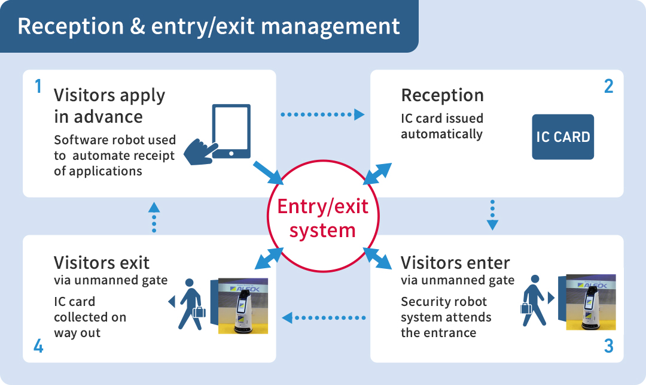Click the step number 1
click(38, 86)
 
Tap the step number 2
click(608, 86)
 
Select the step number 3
click(608, 346)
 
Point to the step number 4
click(38, 346)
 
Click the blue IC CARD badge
click(563, 137)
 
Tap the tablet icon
click(231, 131)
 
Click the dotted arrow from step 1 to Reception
click(322, 114)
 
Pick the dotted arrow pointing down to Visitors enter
click(492, 215)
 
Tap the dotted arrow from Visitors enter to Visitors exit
click(324, 318)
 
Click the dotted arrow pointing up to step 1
click(154, 217)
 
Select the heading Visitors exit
click(101, 263)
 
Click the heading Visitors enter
click(455, 263)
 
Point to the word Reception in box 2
click(443, 95)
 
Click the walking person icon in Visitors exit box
click(191, 304)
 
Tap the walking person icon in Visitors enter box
click(534, 301)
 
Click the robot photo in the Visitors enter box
click(591, 302)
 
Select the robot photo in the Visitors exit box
click(243, 306)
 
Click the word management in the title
click(330, 26)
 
